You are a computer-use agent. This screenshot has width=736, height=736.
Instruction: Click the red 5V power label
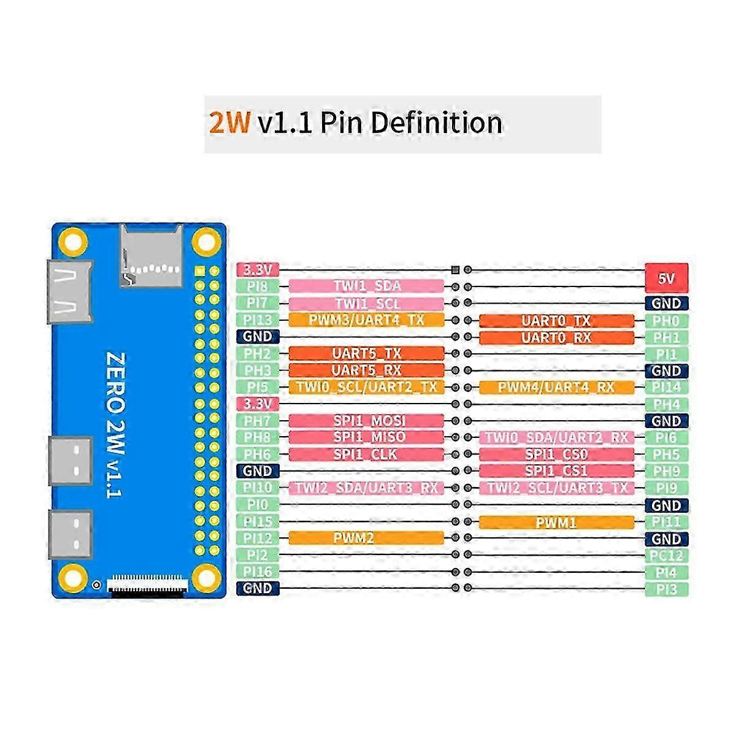click(x=666, y=278)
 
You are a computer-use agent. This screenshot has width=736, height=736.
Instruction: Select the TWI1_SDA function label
click(x=366, y=286)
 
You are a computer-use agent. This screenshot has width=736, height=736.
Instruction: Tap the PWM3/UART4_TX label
click(x=366, y=320)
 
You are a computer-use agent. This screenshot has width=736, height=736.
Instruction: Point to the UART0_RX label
click(x=556, y=337)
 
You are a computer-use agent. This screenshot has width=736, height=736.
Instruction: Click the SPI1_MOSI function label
click(x=366, y=421)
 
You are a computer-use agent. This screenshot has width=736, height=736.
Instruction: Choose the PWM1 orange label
click(x=556, y=523)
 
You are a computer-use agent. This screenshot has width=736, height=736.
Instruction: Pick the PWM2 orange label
click(x=366, y=539)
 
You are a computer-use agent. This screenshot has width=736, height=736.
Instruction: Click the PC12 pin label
click(x=667, y=556)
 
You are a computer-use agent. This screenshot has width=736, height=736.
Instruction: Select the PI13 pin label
click(x=258, y=320)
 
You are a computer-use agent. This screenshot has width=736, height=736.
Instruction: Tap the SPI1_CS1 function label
click(x=556, y=471)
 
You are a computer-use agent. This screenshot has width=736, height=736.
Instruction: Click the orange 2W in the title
click(x=229, y=123)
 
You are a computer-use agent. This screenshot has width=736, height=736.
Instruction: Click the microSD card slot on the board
click(x=151, y=255)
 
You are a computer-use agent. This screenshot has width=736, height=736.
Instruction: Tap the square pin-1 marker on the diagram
click(x=454, y=269)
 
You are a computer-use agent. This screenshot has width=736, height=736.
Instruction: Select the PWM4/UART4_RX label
click(x=556, y=387)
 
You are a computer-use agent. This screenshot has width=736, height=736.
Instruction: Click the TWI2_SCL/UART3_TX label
click(x=556, y=488)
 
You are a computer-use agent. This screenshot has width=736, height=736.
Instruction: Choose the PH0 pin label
click(x=667, y=320)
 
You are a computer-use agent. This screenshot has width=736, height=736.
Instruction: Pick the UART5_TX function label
click(x=366, y=353)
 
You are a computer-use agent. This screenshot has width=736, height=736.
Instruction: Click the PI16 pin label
click(x=258, y=572)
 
